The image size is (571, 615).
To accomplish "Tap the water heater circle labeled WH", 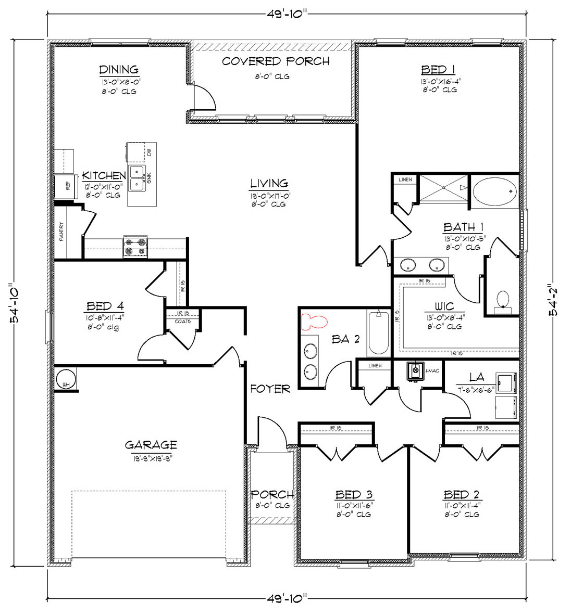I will point(66,378).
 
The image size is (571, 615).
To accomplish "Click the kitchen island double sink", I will point(137,177).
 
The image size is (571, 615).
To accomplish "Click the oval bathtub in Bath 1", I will point(495,192).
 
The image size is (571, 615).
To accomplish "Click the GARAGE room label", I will point(151,445).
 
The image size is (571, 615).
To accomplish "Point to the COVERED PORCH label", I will point(276,61).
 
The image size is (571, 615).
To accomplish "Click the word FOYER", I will point(270,389).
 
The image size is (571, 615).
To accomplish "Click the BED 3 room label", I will point(354,494).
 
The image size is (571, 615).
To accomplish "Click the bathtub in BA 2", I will point(378,332).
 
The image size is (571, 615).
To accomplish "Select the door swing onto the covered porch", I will point(203,97).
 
